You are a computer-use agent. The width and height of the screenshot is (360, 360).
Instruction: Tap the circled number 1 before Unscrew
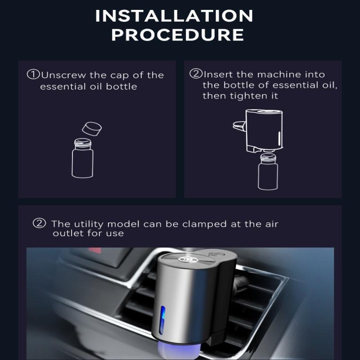33,74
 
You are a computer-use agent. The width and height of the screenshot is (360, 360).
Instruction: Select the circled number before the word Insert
196,74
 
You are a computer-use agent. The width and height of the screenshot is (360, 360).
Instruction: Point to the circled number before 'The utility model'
40,223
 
